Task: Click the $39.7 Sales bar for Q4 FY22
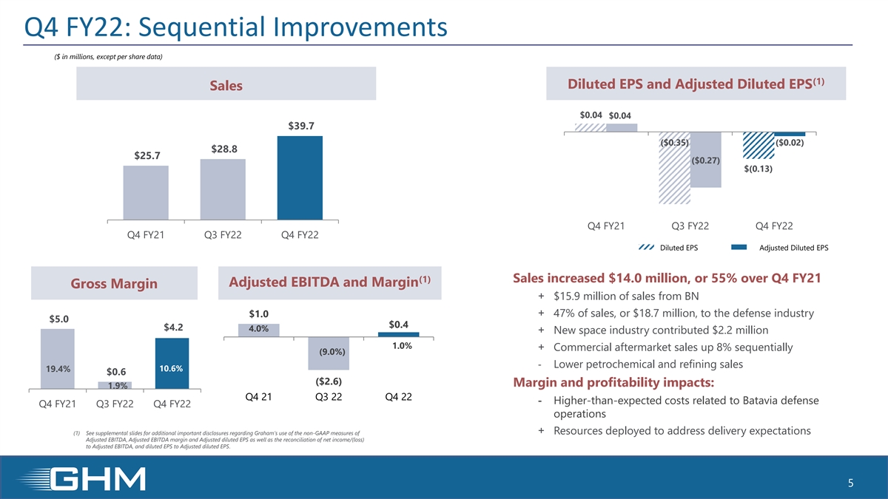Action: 300,177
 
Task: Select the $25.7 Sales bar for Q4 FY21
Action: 146,192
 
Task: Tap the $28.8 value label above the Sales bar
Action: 224,149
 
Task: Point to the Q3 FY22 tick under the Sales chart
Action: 223,235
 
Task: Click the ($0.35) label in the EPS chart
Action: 674,143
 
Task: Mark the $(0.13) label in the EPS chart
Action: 758,169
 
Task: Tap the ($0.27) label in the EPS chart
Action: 706,161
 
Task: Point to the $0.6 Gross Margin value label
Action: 115,371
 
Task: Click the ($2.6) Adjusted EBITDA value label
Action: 327,381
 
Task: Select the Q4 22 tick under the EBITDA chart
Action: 399,397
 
